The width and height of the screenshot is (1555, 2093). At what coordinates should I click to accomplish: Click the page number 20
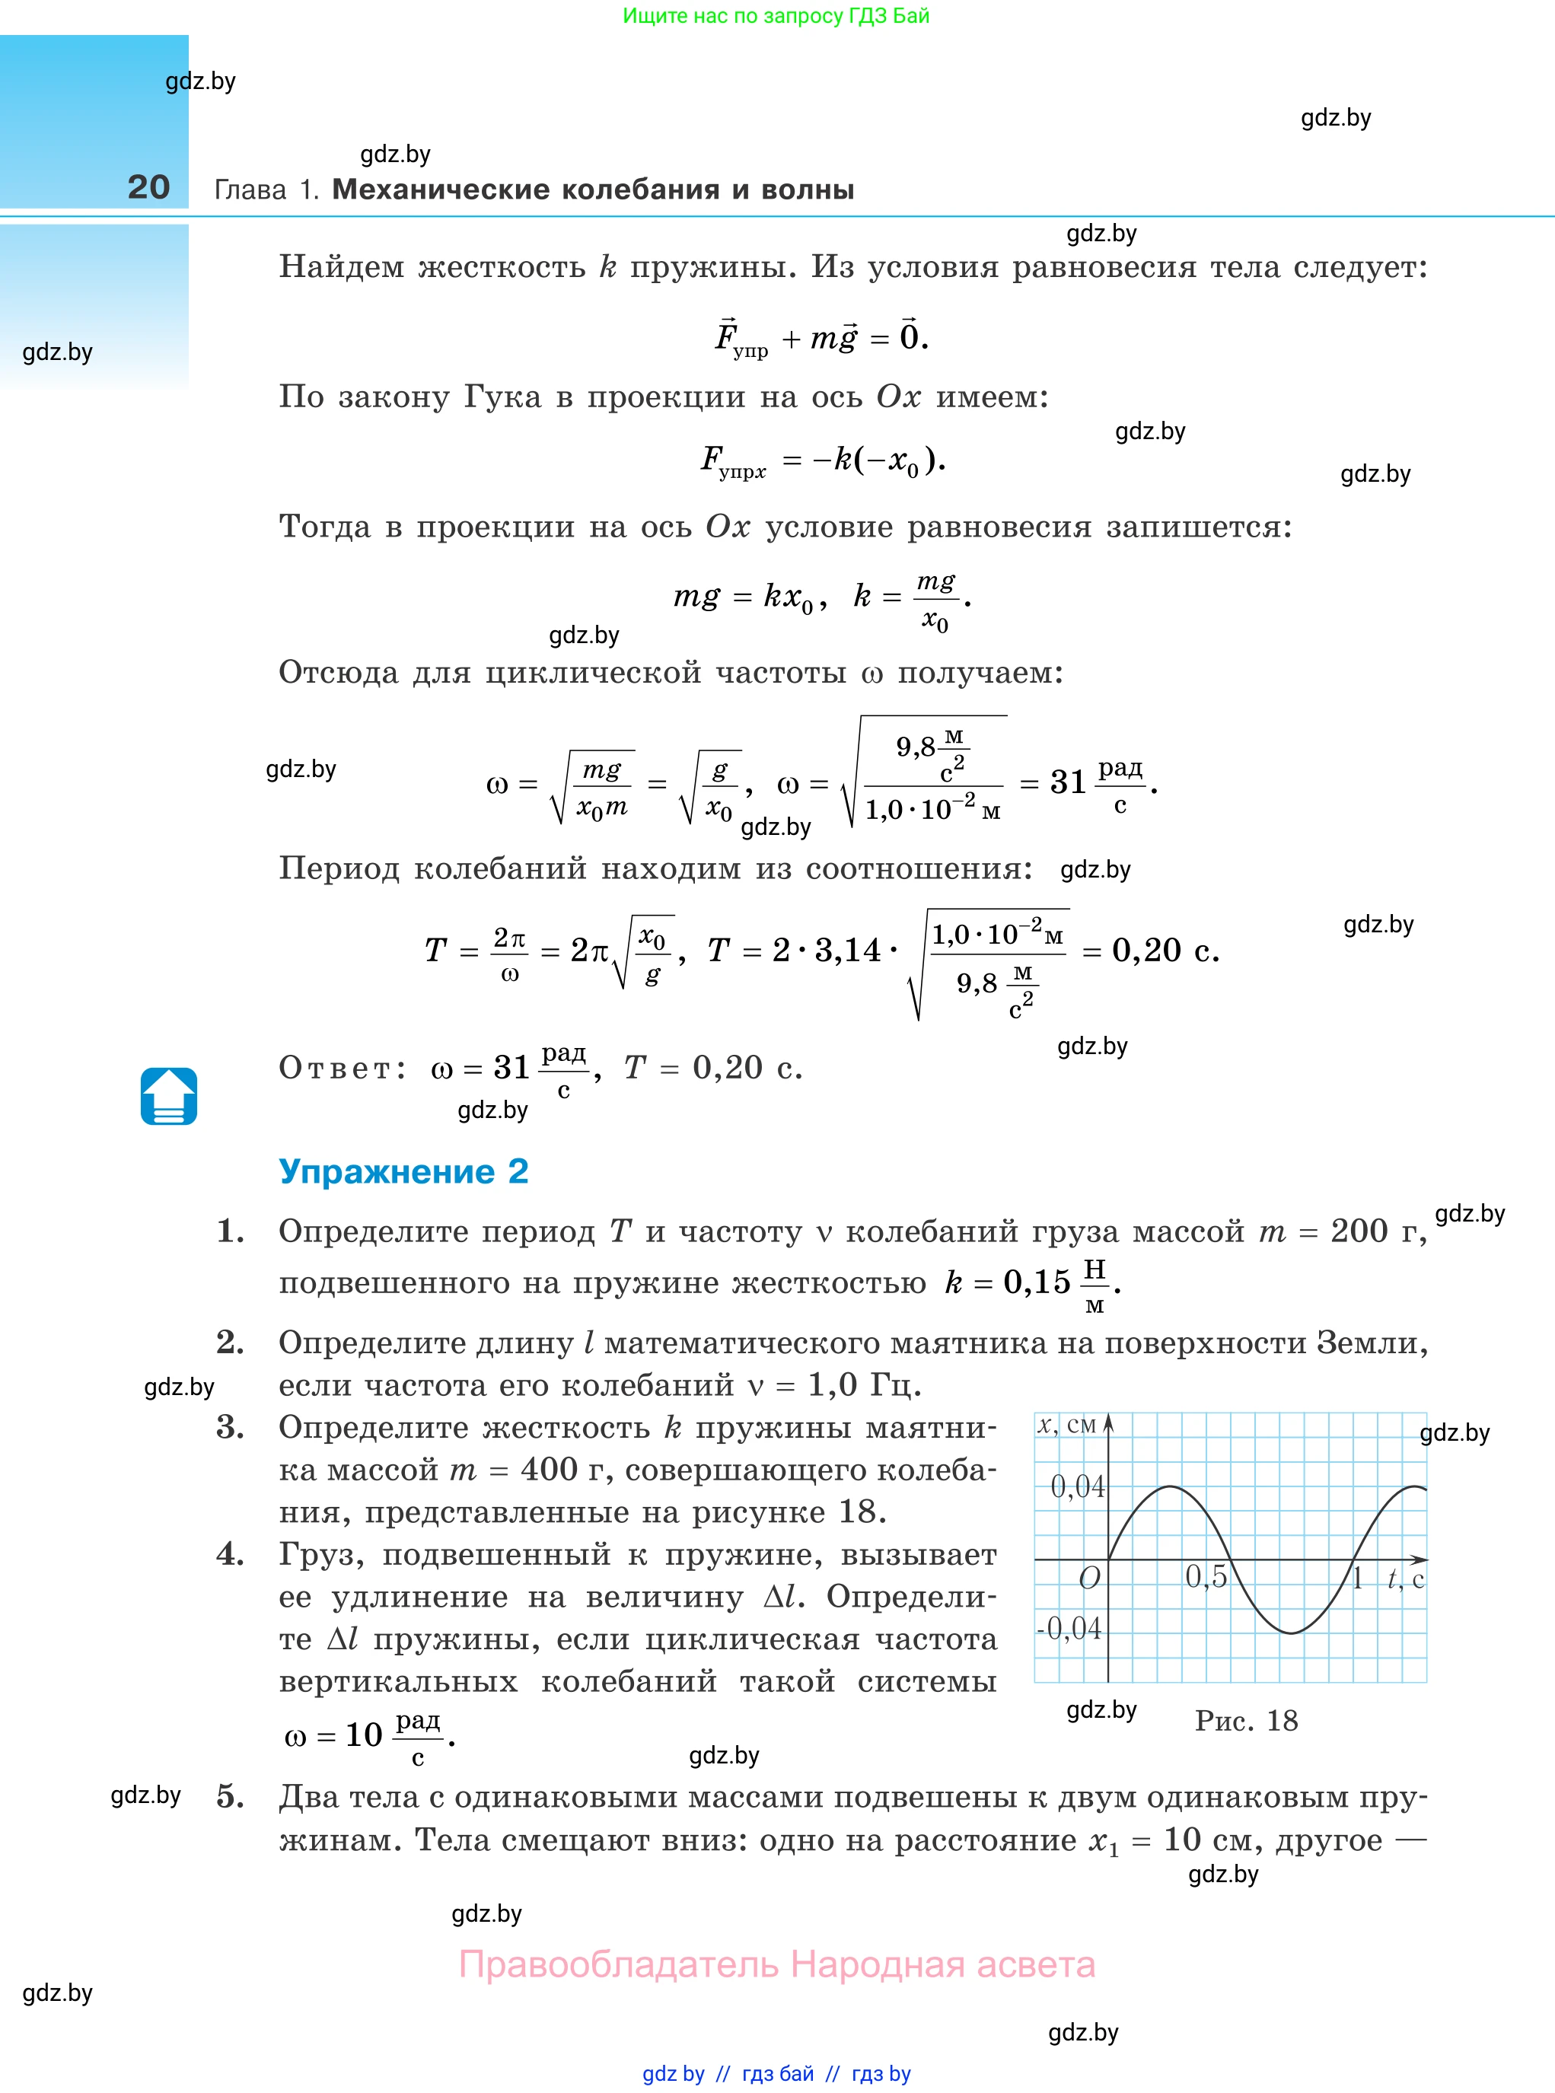click(148, 186)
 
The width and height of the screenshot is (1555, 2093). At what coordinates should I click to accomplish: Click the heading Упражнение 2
click(403, 1171)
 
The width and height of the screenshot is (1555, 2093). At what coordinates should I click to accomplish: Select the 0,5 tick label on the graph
click(1206, 1576)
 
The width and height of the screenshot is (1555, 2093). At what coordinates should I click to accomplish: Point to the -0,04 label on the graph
click(1069, 1628)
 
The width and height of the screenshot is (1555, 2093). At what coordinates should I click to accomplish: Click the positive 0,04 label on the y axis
click(1077, 1487)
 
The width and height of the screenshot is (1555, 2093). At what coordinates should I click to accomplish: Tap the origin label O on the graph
click(1089, 1579)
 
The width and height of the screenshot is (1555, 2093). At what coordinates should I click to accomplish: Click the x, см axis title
click(1066, 1425)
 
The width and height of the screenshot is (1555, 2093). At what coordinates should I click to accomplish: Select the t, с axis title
click(1405, 1579)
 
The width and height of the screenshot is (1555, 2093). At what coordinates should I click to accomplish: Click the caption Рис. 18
click(1246, 1720)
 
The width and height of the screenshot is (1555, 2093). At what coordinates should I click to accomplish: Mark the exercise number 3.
click(230, 1428)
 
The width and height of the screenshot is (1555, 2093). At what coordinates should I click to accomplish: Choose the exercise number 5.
click(230, 1796)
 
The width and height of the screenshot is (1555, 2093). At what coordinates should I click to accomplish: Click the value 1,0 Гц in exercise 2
click(863, 1384)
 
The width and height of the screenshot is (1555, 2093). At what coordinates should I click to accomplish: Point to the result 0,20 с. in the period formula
click(1165, 951)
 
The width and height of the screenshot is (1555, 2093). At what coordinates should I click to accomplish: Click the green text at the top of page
click(776, 16)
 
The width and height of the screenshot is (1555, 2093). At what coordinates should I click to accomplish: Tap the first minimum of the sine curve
click(1292, 1633)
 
